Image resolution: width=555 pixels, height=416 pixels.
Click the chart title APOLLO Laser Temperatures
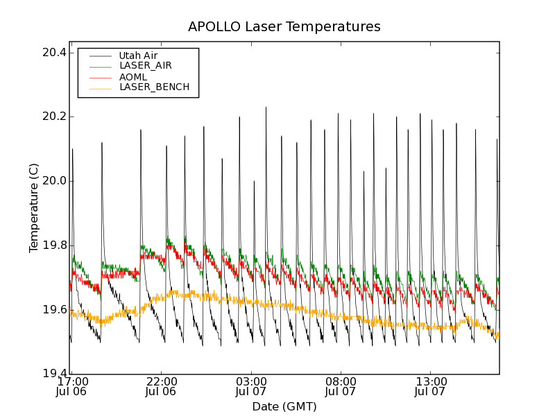pyautogui.click(x=284, y=27)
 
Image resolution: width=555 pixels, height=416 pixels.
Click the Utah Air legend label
pyautogui.click(x=138, y=55)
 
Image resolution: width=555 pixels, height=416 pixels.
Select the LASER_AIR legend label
pyautogui.click(x=145, y=66)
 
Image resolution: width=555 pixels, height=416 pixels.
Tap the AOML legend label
pyautogui.click(x=133, y=77)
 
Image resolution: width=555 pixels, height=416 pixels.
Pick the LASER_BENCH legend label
pyautogui.click(x=154, y=87)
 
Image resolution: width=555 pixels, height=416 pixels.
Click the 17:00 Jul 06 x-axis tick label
pyautogui.click(x=72, y=386)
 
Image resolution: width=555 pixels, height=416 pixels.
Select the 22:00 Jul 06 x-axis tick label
pyautogui.click(x=162, y=386)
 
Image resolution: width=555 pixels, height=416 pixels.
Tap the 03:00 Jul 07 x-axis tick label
pyautogui.click(x=251, y=386)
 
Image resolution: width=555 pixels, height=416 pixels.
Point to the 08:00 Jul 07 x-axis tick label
pyautogui.click(x=341, y=386)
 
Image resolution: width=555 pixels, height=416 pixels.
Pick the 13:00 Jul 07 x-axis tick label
pyautogui.click(x=430, y=386)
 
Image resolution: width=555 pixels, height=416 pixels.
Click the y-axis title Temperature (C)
pyautogui.click(x=34, y=208)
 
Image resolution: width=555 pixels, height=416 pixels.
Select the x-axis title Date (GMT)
pyautogui.click(x=284, y=406)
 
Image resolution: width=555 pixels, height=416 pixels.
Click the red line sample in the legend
pyautogui.click(x=101, y=77)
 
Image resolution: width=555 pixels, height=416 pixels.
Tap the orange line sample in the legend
pyautogui.click(x=101, y=87)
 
